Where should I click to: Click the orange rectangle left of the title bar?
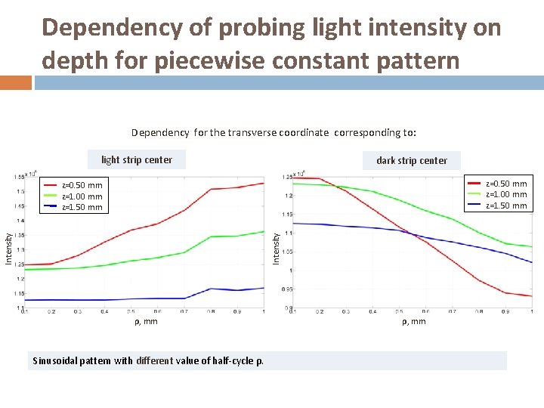pyautogui.click(x=15, y=82)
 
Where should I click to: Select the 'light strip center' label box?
pyautogui.click(x=137, y=159)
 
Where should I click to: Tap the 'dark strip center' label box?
pyautogui.click(x=412, y=160)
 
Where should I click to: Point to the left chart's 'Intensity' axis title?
pyautogui.click(x=9, y=249)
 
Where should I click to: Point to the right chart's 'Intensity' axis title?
pyautogui.click(x=277, y=248)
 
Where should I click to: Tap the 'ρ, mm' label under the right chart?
pyautogui.click(x=413, y=322)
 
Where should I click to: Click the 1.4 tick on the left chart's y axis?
pyautogui.click(x=18, y=221)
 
